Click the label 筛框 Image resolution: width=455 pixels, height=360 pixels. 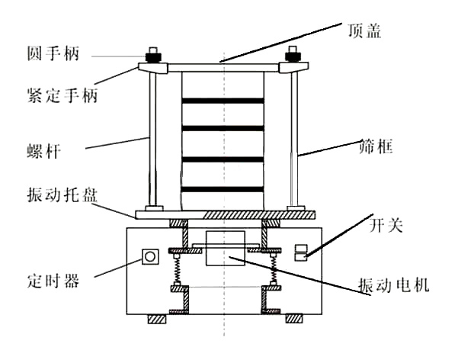[375, 146]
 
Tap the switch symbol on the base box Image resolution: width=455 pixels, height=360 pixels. [301, 252]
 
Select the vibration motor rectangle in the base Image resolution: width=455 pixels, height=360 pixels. [224, 247]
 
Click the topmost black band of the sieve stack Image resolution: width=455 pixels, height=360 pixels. [223, 101]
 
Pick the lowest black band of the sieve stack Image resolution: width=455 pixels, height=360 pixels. [223, 188]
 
